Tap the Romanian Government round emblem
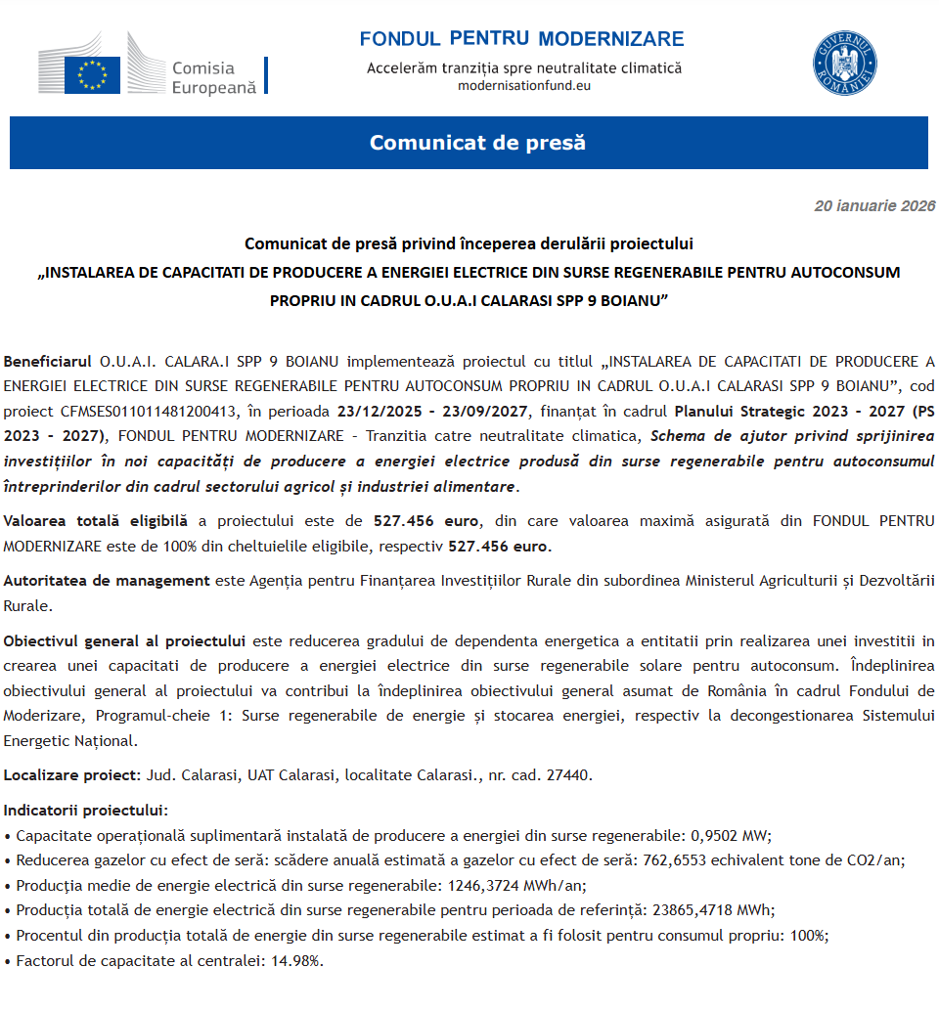(x=845, y=64)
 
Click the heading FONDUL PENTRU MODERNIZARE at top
(x=521, y=39)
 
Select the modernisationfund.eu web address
(x=524, y=85)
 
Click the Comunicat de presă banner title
(x=477, y=143)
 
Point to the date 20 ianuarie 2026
(x=874, y=206)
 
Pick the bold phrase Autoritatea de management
(x=107, y=581)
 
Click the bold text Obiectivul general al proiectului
(x=124, y=641)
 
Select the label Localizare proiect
(x=70, y=775)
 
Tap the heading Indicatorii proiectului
(x=85, y=811)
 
